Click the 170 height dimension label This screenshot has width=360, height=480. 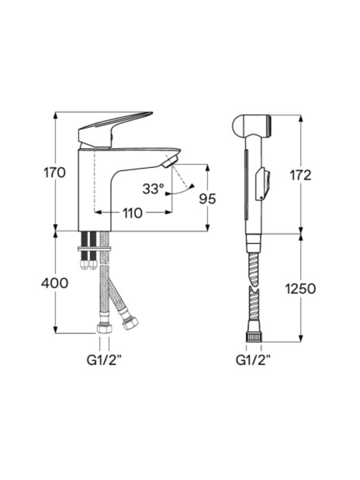[x=55, y=173]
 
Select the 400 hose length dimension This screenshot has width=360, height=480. [x=55, y=283]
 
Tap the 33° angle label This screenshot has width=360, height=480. [x=153, y=189]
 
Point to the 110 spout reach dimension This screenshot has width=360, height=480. [x=133, y=213]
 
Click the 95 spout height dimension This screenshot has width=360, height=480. [x=207, y=199]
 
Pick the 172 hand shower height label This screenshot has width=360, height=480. [x=301, y=175]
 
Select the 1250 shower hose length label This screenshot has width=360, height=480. [x=300, y=289]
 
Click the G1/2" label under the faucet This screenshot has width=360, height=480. [x=104, y=360]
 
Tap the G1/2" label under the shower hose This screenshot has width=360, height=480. [x=253, y=360]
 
